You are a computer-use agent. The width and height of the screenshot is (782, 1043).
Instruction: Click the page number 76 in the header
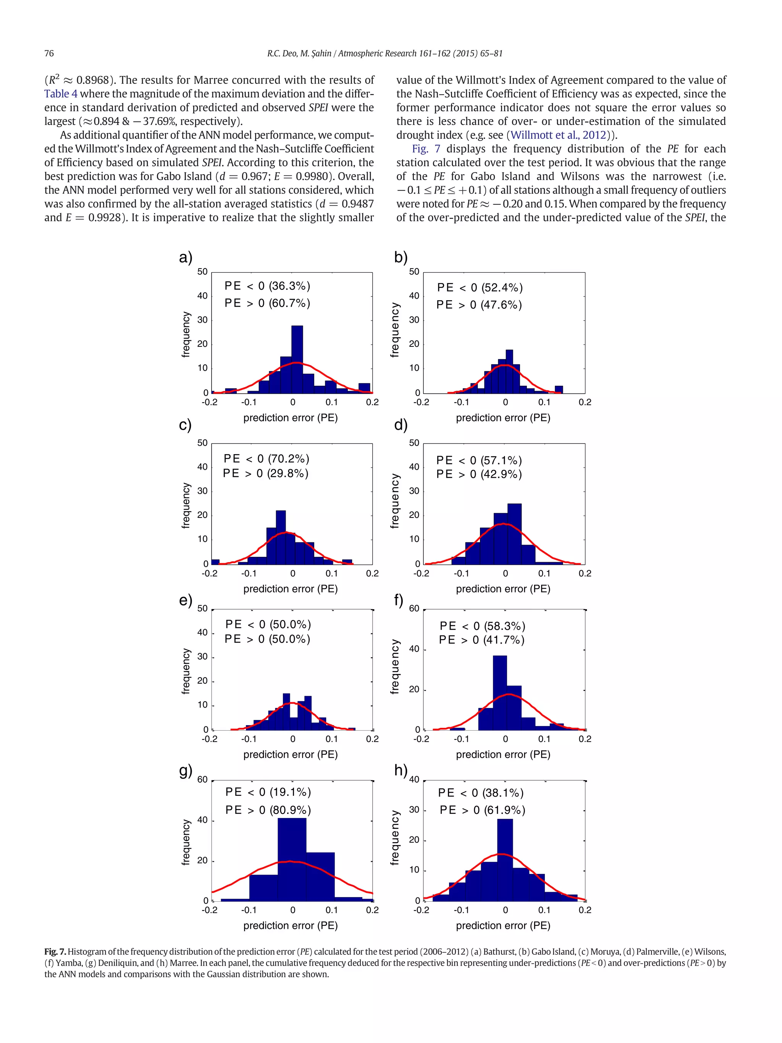click(49, 53)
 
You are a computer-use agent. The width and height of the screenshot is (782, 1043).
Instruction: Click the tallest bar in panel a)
click(297, 358)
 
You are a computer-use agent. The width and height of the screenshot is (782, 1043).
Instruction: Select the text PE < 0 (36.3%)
click(267, 286)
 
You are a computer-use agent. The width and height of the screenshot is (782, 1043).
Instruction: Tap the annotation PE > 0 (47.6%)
click(479, 305)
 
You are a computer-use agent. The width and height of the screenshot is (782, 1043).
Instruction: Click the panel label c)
click(185, 425)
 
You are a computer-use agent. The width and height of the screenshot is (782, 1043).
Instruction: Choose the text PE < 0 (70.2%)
click(266, 458)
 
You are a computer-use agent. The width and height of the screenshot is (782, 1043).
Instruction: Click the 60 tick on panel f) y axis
click(414, 608)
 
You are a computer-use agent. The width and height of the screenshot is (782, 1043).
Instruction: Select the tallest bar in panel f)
click(500, 692)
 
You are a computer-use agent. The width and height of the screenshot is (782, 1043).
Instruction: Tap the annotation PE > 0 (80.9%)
click(268, 810)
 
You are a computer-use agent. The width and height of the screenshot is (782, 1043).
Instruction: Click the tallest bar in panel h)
click(505, 859)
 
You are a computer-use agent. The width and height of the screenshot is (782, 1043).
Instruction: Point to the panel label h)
click(401, 770)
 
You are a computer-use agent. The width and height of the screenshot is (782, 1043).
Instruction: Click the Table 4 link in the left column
click(61, 94)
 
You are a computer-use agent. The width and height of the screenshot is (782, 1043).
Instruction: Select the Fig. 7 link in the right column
click(426, 149)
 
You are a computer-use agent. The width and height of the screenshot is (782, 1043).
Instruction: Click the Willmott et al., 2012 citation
click(558, 135)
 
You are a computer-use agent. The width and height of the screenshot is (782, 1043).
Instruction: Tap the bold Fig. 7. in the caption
click(55, 951)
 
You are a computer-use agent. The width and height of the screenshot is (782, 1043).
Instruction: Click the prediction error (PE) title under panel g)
click(290, 925)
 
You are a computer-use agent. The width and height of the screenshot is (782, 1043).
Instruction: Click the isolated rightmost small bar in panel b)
click(559, 390)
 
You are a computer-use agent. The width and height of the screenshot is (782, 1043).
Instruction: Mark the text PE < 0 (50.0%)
click(268, 624)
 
